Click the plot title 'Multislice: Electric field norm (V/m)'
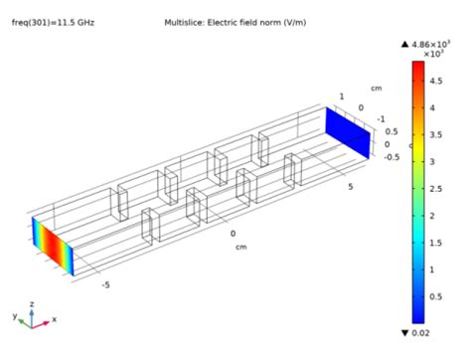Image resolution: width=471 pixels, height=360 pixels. [x=235, y=23]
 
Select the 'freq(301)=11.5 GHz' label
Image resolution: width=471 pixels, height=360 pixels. [x=53, y=23]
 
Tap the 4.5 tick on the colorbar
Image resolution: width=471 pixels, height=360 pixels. [x=436, y=81]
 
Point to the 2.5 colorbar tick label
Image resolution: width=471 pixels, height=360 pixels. [x=436, y=189]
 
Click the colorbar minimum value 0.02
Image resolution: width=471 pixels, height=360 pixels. [x=420, y=333]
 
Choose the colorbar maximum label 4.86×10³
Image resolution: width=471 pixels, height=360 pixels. [x=430, y=44]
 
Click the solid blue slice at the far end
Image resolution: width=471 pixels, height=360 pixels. [x=348, y=132]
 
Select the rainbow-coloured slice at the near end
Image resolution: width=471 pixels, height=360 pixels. [x=53, y=247]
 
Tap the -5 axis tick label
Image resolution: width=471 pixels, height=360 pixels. [x=105, y=284]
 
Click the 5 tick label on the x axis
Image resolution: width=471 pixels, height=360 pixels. [x=351, y=187]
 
